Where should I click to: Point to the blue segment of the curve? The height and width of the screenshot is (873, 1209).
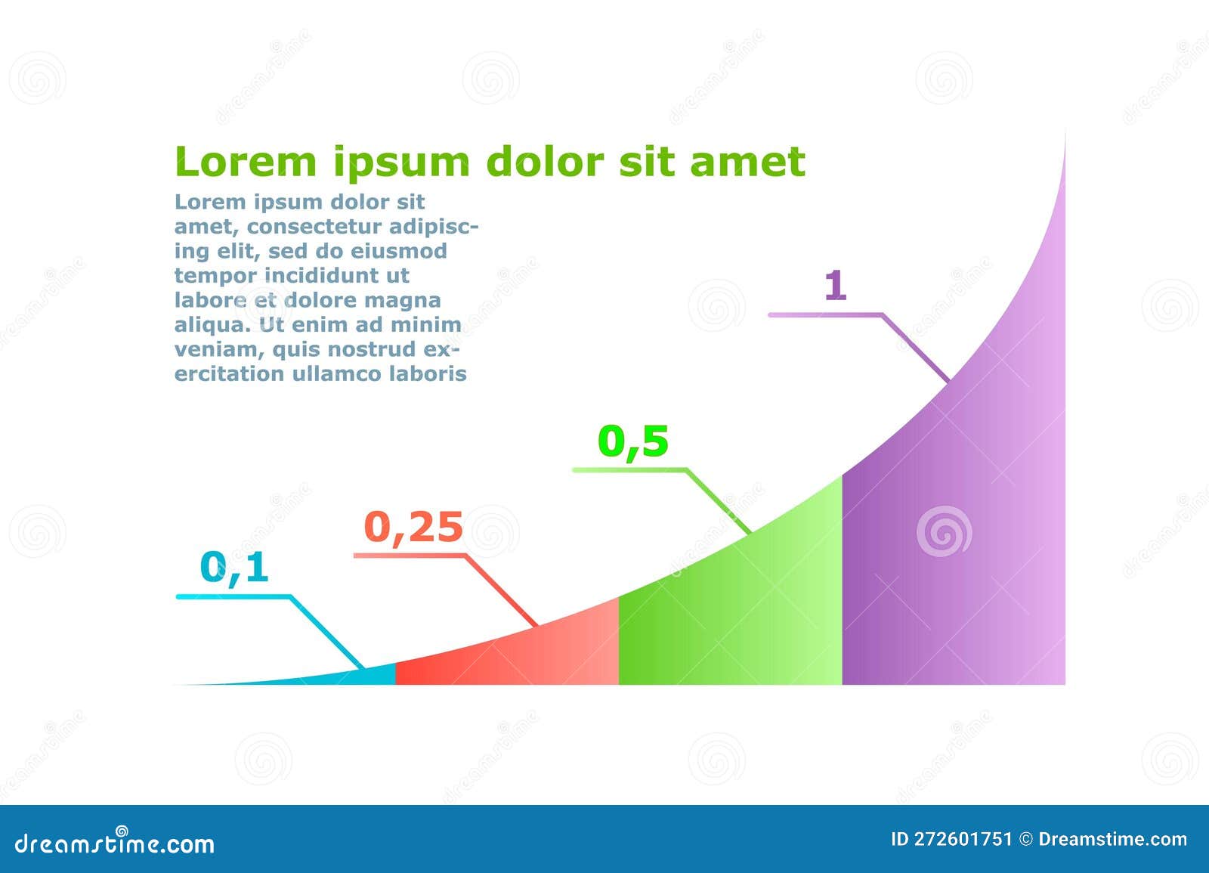click(x=363, y=676)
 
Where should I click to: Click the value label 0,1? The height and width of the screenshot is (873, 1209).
click(x=234, y=567)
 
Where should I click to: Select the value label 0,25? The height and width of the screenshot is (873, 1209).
click(x=413, y=527)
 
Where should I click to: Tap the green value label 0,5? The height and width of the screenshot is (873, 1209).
click(x=633, y=441)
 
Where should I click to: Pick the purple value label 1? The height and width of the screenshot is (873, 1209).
click(x=835, y=286)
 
